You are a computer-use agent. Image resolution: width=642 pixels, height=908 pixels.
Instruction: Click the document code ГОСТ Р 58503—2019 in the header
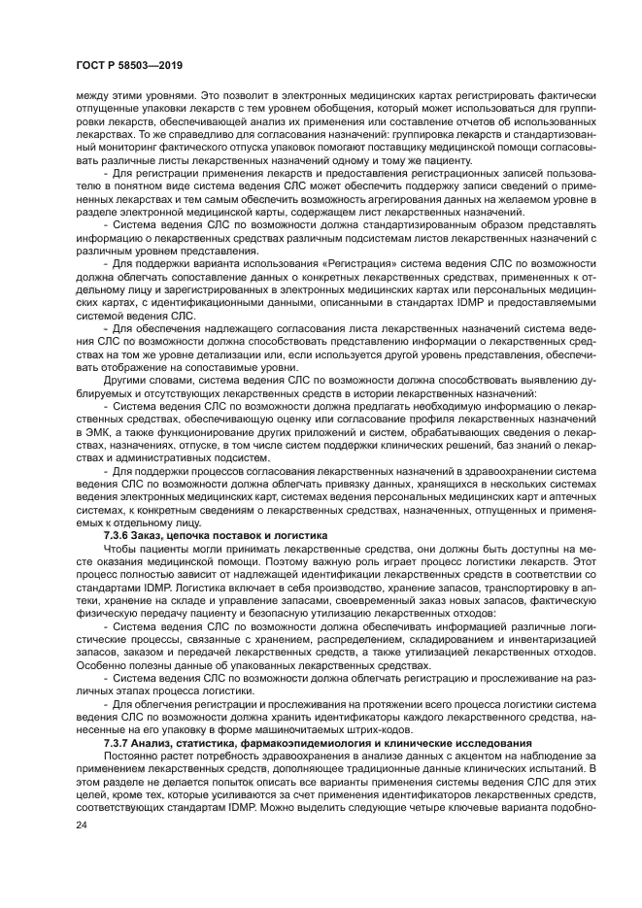131,65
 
